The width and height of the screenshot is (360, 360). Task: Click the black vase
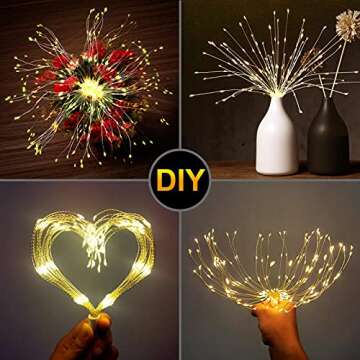(x=327, y=141)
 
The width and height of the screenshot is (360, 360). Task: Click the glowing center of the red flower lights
(x=92, y=89)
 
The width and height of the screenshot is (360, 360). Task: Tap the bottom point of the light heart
(x=97, y=305)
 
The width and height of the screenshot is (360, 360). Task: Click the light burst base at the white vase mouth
(x=275, y=92)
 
